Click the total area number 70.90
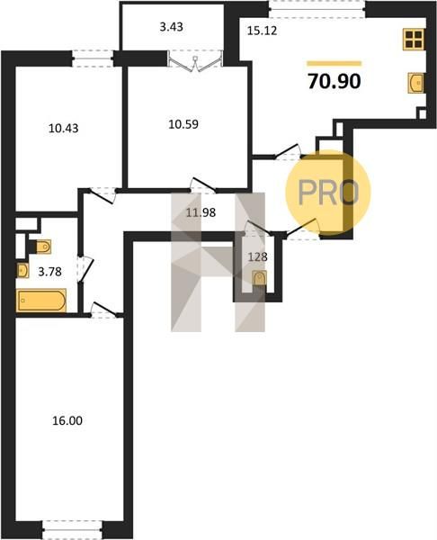pos(334,81)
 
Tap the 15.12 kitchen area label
pos(263,31)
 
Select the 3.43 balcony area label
pos(172,27)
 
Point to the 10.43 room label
pos(63,129)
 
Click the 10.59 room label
pos(183,124)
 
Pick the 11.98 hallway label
pos(201,212)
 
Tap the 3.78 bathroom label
pos(49,272)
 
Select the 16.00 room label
pos(67,420)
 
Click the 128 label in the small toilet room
pos(258,256)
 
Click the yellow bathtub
pos(41,301)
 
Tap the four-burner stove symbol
pos(414,39)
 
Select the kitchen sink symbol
pos(415,83)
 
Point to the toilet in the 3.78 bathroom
pos(42,247)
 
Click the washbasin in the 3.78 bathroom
pos(22,271)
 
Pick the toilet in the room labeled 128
pos(259,278)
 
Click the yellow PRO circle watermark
pos(328,193)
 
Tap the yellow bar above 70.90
pos(334,63)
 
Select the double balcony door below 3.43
pos(195,61)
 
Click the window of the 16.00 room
pos(72,530)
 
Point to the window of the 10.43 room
pos(93,58)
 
